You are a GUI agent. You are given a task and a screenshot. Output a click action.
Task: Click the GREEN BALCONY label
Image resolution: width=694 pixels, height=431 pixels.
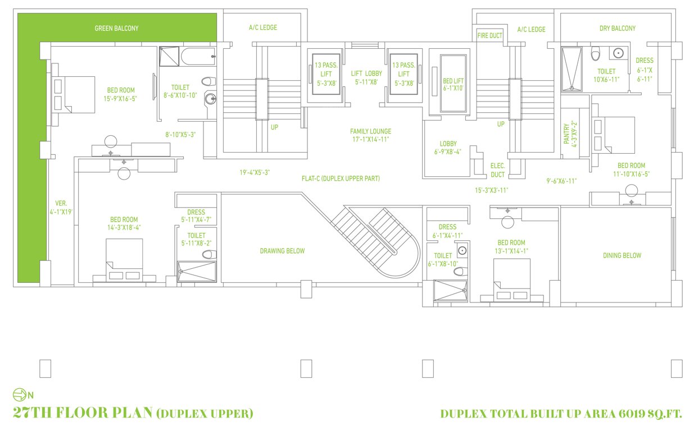pyautogui.click(x=116, y=28)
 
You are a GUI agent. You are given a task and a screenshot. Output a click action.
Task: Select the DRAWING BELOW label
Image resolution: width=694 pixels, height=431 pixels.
pyautogui.click(x=282, y=251)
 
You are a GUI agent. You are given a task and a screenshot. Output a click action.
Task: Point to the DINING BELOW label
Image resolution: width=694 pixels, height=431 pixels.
pyautogui.click(x=622, y=255)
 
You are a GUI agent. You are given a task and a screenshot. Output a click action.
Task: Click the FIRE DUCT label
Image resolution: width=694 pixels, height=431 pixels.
pyautogui.click(x=489, y=35)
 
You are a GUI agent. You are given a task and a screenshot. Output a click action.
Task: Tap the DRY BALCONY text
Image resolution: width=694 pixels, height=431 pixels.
pyautogui.click(x=617, y=28)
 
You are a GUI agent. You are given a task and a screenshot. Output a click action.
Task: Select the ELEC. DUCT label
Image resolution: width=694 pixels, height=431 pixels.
pyautogui.click(x=497, y=170)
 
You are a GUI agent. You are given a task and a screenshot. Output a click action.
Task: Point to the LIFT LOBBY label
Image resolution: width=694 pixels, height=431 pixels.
pyautogui.click(x=366, y=77)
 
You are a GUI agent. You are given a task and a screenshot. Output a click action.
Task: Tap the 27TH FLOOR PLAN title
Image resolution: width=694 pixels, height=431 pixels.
pyautogui.click(x=83, y=414)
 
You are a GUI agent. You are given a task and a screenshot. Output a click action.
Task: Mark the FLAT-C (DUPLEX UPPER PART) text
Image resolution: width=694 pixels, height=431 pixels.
pyautogui.click(x=341, y=178)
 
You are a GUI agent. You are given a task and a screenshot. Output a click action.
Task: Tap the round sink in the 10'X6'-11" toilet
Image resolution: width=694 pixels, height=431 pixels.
pyautogui.click(x=618, y=54)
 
